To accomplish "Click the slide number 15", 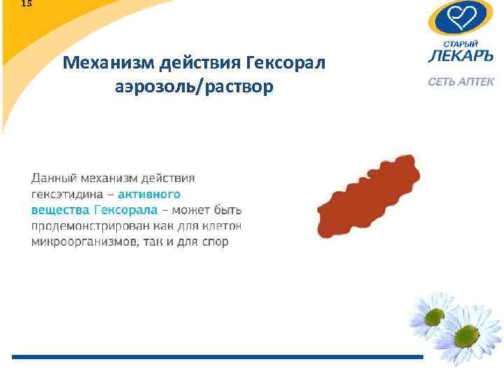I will click(26, 3).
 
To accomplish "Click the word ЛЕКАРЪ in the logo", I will click(461, 57).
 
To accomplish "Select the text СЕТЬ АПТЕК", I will click(461, 82).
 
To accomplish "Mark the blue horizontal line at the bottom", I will click(217, 357).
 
